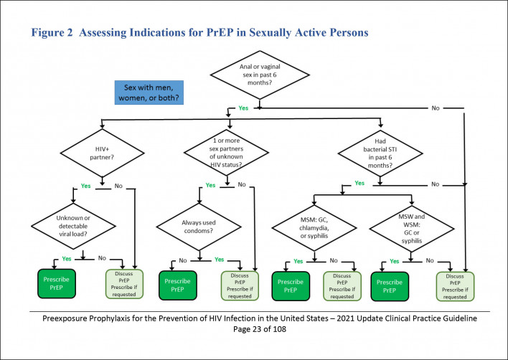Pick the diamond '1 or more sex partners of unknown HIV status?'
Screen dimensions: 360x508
227,152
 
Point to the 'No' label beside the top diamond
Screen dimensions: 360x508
436,108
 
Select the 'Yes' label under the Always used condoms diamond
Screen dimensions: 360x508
220,260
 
